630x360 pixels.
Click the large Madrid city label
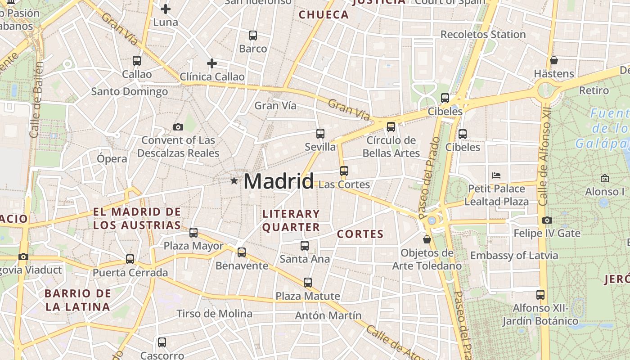279,181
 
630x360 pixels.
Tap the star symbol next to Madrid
234,181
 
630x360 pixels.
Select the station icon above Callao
137,60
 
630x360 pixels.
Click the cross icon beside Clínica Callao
211,63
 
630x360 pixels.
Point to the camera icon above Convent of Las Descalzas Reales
178,127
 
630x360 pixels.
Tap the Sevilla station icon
320,134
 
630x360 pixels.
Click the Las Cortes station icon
344,171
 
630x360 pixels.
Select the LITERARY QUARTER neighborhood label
291,220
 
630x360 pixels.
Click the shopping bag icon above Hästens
554,60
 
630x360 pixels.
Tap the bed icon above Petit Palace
496,175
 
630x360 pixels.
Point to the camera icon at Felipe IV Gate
547,220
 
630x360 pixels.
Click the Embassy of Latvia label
514,256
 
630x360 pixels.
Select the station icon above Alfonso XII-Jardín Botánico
540,295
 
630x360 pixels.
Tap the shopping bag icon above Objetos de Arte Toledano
427,239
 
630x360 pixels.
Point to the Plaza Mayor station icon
193,233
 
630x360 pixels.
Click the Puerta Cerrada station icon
130,259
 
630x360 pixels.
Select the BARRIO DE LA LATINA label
77,300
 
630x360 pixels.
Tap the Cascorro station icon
162,342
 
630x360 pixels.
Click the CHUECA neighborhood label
324,15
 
